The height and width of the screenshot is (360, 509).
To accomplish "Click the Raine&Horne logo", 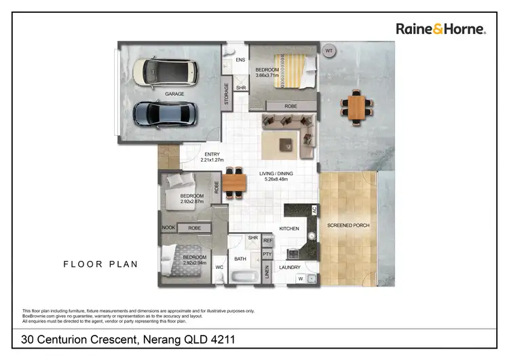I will pos(440,29).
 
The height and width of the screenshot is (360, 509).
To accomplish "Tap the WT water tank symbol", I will pos(329,51).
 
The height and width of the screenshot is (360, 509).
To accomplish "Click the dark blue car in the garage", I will pos(166,113).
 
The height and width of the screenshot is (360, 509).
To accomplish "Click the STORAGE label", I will pos(226,94).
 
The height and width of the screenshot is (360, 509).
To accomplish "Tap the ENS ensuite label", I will pos(240,60).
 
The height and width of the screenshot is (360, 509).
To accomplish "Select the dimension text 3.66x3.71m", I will pos(267,75).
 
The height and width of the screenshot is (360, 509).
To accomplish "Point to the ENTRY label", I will pos(212,154).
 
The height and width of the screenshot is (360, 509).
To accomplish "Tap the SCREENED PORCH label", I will pos(348,225).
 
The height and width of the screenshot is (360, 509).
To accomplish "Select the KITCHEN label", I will pos(289,229).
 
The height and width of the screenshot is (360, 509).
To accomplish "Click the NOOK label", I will pos(168,228).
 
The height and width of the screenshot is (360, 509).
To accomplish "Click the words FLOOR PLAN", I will pos(100,264).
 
